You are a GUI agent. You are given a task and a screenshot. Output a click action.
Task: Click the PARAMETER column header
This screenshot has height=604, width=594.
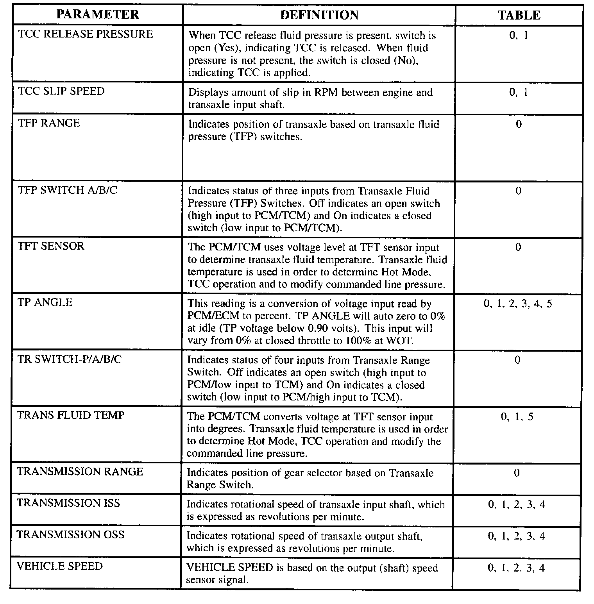click(x=97, y=15)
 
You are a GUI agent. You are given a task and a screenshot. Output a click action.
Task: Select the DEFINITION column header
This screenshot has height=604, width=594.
click(x=319, y=15)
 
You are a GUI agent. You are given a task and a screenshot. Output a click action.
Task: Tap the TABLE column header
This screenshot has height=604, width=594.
click(x=519, y=15)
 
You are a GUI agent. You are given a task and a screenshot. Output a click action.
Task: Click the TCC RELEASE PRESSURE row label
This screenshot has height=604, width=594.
click(x=86, y=34)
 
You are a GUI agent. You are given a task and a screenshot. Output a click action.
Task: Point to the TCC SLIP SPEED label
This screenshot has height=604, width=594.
click(x=61, y=91)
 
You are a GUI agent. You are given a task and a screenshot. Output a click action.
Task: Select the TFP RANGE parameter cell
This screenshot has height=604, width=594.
click(x=49, y=123)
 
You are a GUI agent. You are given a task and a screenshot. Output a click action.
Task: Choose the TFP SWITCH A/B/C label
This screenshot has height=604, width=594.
click(x=68, y=190)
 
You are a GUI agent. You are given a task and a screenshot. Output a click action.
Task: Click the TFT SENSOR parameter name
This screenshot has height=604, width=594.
click(x=51, y=246)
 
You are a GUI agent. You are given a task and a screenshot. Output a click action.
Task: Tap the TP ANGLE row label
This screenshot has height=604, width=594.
click(x=45, y=302)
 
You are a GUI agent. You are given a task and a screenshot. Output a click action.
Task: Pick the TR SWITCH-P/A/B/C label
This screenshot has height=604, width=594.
click(x=70, y=359)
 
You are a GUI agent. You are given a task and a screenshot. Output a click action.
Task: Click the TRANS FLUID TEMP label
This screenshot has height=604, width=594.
click(x=71, y=415)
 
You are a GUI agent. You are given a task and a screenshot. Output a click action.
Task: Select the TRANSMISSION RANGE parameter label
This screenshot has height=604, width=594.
click(x=80, y=472)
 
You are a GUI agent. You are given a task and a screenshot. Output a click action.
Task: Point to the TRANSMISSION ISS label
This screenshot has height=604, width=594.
click(x=68, y=503)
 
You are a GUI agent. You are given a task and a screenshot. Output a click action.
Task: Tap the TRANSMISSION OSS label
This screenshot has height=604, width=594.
click(x=70, y=535)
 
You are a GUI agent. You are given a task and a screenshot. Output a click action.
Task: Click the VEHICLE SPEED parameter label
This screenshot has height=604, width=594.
click(x=59, y=566)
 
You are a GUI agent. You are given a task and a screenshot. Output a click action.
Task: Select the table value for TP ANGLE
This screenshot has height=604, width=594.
click(x=518, y=304)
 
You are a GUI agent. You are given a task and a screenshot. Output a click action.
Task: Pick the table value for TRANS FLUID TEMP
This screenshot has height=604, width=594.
click(x=517, y=417)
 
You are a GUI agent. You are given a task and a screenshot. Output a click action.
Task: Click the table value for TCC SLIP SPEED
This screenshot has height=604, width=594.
click(x=519, y=93)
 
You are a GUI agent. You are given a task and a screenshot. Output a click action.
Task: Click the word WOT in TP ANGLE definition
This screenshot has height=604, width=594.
click(x=399, y=341)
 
